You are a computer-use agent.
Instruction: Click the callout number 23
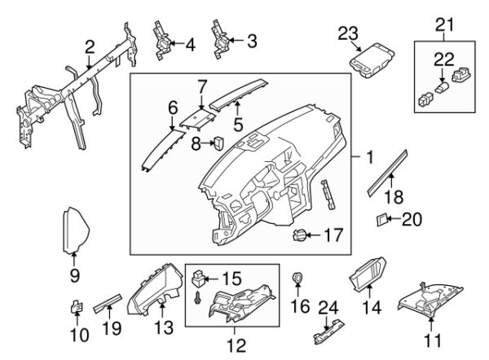349,33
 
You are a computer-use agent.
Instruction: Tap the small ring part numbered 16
298,282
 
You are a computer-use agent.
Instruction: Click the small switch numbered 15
199,281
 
